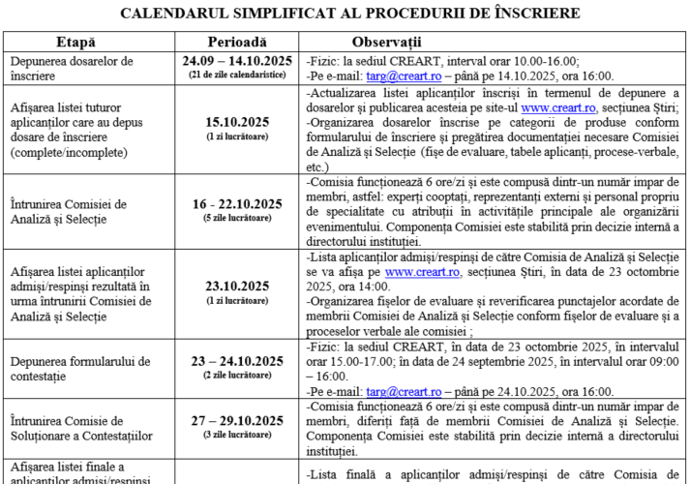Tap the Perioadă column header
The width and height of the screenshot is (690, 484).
[x=237, y=43]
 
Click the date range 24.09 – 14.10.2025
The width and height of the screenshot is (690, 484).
[x=237, y=61]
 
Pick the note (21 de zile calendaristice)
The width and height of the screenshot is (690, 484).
[x=237, y=75]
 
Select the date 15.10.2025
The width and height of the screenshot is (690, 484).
[x=237, y=122]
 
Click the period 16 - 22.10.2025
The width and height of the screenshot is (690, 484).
[x=237, y=204]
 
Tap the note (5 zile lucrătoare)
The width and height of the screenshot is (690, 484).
[x=237, y=218]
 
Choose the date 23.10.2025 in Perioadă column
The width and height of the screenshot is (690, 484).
[x=237, y=286]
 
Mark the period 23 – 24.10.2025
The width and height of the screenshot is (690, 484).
[x=237, y=361]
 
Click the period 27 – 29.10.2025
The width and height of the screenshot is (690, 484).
[x=237, y=421]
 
